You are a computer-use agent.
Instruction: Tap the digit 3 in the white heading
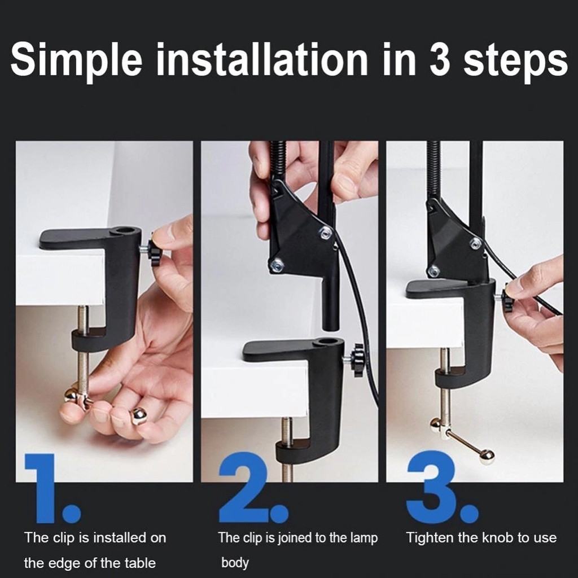[440, 59]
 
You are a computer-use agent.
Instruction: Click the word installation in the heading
[262, 59]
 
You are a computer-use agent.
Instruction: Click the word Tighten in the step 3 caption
[430, 538]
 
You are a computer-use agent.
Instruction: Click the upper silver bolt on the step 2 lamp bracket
[325, 232]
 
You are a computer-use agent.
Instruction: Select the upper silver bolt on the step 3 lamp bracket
[476, 242]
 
